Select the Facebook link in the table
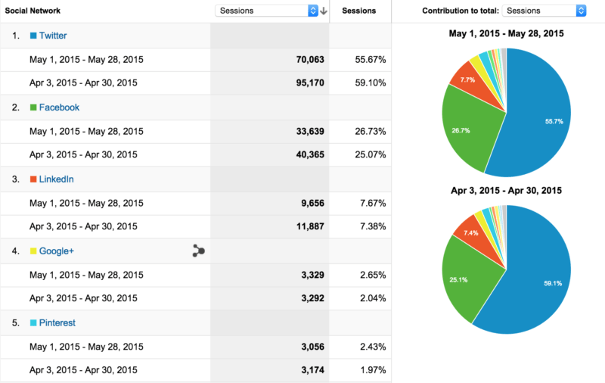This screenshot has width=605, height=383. point(59,107)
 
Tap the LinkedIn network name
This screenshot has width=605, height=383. point(56,179)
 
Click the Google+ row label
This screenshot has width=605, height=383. point(56,251)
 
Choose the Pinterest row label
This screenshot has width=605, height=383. point(57,322)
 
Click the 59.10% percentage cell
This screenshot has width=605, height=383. point(371,83)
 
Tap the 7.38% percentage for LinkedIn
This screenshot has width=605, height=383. point(373,226)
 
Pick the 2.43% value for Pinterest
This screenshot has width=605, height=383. point(373,347)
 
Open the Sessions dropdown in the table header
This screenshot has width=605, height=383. point(266,11)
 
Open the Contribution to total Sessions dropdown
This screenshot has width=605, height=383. point(544,11)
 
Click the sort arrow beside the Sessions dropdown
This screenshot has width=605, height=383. point(324,11)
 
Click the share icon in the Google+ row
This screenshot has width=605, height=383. point(198,251)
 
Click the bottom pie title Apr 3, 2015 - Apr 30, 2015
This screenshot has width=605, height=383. point(505,191)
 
